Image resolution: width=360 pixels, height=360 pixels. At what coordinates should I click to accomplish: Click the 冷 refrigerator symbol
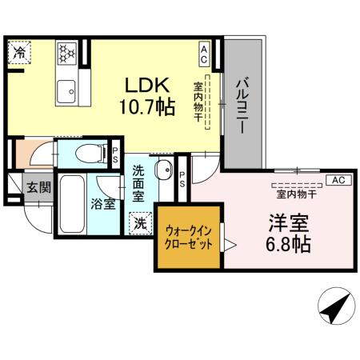tap(18, 53)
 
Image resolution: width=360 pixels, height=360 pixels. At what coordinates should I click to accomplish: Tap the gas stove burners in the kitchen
tap(66, 53)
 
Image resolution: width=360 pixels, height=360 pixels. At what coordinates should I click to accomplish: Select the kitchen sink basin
tap(66, 89)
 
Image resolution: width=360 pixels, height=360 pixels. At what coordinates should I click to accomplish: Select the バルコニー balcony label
tap(243, 104)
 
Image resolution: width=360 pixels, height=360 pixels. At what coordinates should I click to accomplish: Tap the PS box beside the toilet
tap(115, 153)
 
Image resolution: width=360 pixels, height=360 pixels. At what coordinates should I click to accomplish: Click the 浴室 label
tap(102, 203)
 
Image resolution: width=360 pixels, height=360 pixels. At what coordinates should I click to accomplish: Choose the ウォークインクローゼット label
tap(189, 238)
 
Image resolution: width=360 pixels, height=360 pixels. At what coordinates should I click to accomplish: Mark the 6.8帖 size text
tap(289, 245)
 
